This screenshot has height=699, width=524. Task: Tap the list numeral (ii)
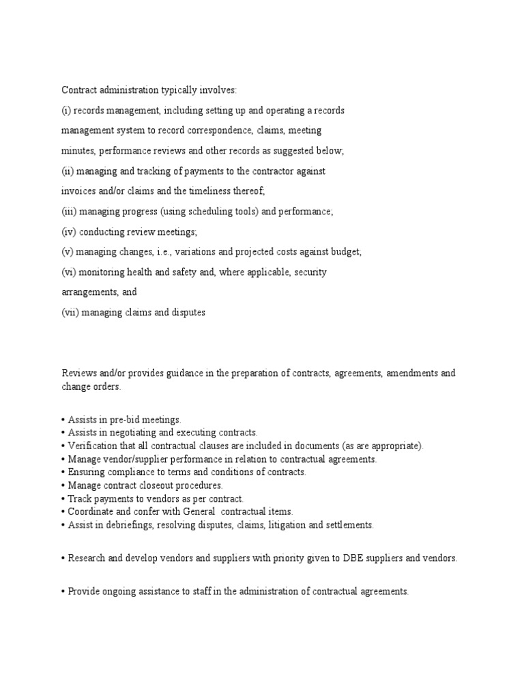point(69,171)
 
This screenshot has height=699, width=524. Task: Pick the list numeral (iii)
point(70,212)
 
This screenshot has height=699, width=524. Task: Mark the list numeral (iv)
point(70,231)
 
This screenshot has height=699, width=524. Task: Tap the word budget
point(345,252)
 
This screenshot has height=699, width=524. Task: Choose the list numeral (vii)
point(71,313)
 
